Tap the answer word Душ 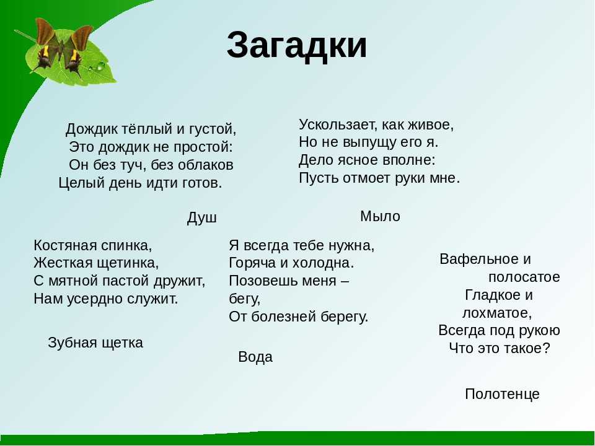tap(202, 218)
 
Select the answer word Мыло tap(380, 216)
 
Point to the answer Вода tap(255, 357)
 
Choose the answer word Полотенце tap(502, 394)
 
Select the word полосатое tap(524, 278)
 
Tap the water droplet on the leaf tap(100, 66)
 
